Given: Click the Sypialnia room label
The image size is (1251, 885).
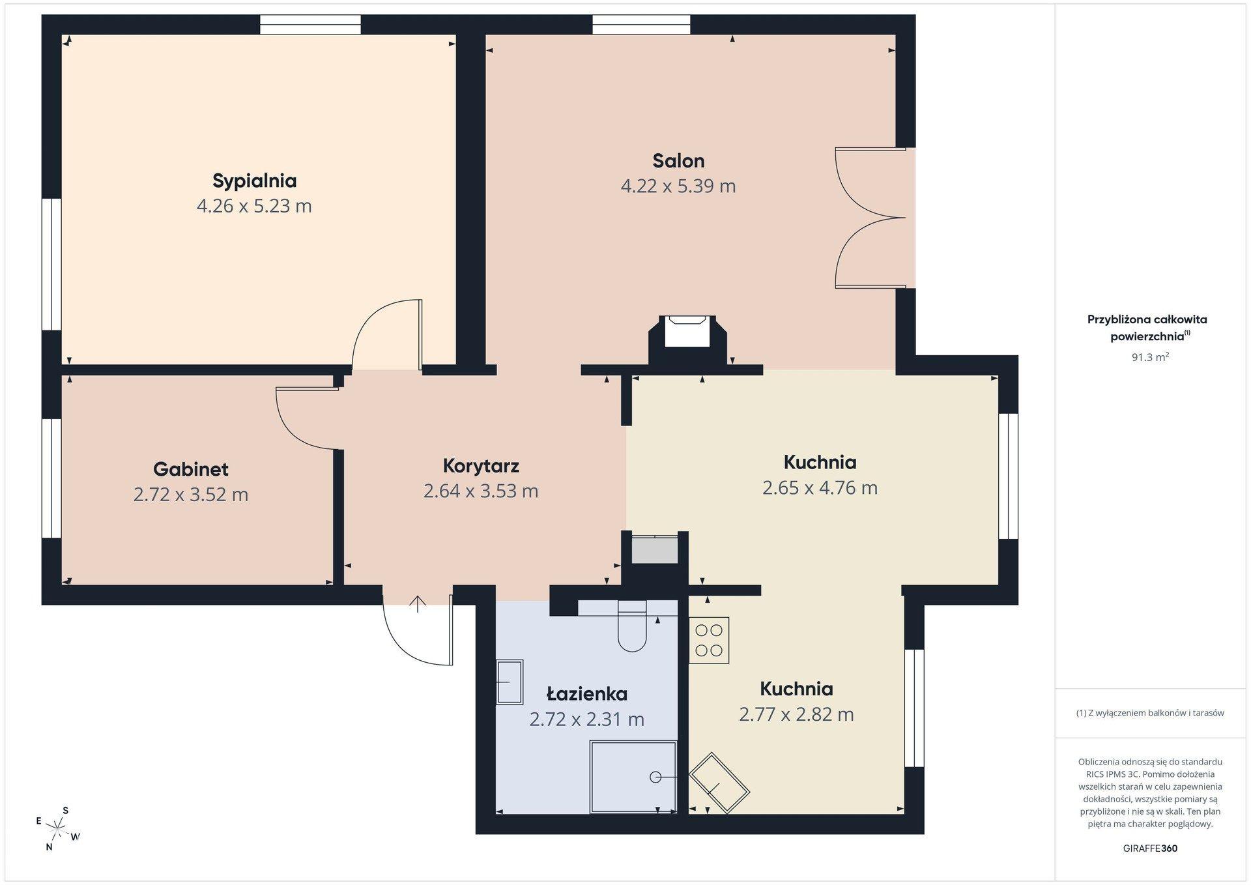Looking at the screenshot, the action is pyautogui.click(x=254, y=181).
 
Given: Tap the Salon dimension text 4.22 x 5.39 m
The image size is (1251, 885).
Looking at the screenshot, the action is pyautogui.click(x=678, y=186).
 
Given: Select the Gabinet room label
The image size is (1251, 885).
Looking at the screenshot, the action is pyautogui.click(x=191, y=469).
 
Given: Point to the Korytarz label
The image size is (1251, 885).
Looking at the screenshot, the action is pyautogui.click(x=481, y=466).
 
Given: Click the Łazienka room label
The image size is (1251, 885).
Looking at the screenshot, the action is pyautogui.click(x=587, y=693).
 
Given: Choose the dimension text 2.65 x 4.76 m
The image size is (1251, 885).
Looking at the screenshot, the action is pyautogui.click(x=820, y=488).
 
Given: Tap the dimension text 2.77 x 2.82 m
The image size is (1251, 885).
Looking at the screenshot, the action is pyautogui.click(x=796, y=715).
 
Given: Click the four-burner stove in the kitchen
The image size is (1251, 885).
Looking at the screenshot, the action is pyautogui.click(x=709, y=641).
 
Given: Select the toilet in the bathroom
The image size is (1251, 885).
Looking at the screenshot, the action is pyautogui.click(x=631, y=626).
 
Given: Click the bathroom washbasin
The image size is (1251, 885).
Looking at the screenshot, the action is pyautogui.click(x=510, y=682).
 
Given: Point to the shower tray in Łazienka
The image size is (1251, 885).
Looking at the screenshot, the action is pyautogui.click(x=633, y=777).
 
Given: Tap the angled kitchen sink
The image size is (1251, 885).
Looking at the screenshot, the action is pyautogui.click(x=719, y=783).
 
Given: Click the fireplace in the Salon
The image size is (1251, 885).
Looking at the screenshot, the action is pyautogui.click(x=687, y=340).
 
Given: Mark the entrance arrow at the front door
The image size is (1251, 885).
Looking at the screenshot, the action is pyautogui.click(x=417, y=604).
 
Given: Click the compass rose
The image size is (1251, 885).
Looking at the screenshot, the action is pyautogui.click(x=59, y=829).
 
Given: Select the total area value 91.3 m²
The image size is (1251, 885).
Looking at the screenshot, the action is pyautogui.click(x=1150, y=357).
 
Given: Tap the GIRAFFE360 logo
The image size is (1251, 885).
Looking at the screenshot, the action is pyautogui.click(x=1150, y=849).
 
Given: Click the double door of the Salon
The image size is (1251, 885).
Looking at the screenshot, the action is pyautogui.click(x=870, y=218).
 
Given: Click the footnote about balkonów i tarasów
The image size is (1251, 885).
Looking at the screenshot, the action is pyautogui.click(x=1150, y=713).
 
